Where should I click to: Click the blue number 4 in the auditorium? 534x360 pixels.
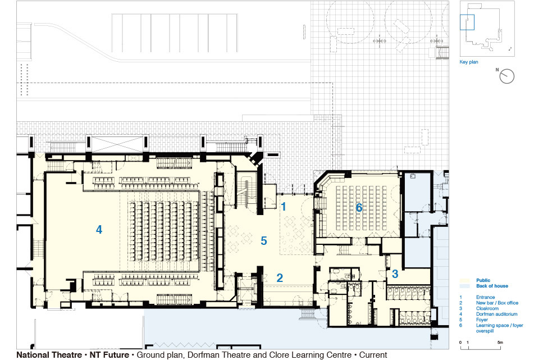[x=99, y=230]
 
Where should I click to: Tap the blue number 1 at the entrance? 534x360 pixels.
[x=284, y=206]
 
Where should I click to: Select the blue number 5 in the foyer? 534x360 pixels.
[x=263, y=241]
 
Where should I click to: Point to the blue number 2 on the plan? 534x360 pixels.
[x=280, y=278]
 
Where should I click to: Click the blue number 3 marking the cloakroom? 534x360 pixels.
[x=395, y=274]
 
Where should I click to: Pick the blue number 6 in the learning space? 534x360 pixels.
[x=359, y=207]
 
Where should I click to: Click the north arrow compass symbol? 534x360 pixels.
[x=506, y=76]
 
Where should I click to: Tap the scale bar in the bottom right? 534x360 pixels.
[x=481, y=348]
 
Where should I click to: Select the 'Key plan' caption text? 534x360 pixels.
[x=469, y=62]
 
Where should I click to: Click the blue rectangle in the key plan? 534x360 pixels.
[x=467, y=22]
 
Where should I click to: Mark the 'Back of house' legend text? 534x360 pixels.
[x=492, y=286]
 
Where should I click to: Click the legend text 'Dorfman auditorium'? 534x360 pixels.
[x=496, y=314]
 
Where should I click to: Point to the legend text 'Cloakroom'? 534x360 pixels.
[x=487, y=308]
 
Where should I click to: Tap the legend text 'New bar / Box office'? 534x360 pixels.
[x=497, y=303]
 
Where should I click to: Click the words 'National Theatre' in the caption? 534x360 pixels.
[x=49, y=355]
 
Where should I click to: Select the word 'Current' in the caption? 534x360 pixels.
[x=373, y=355]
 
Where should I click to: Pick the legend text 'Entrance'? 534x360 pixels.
[x=485, y=297]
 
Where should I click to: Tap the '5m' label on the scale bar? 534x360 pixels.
[x=500, y=342]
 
